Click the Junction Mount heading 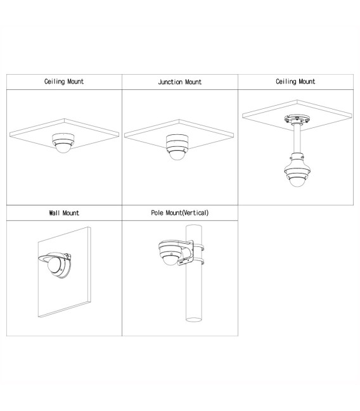180,82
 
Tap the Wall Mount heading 64,213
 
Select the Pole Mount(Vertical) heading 180,213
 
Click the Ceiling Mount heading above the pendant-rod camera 295,82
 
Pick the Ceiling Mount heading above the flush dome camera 64,82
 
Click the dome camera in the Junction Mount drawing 177,146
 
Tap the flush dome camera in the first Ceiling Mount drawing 63,143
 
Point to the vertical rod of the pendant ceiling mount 297,139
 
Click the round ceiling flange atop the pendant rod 297,119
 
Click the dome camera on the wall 55,264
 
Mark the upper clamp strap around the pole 198,247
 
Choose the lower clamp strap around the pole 198,261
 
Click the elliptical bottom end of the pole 194,320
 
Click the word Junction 170,82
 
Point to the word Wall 55,213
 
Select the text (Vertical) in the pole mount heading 195,213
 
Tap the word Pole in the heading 157,213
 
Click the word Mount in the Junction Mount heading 193,82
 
